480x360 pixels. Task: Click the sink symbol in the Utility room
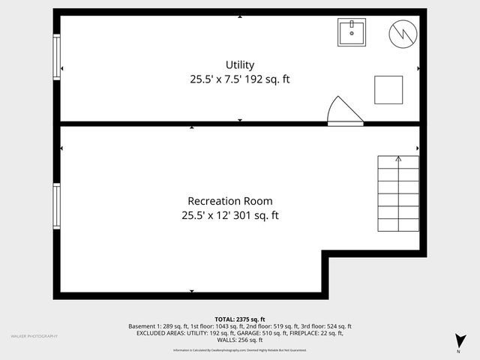pyautogui.click(x=351, y=32)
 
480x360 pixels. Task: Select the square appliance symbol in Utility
pyautogui.click(x=388, y=89)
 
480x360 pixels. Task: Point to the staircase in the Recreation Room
pyautogui.click(x=397, y=196)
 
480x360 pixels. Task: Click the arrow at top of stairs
pyautogui.click(x=397, y=159)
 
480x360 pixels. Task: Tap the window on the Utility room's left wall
pyautogui.click(x=56, y=57)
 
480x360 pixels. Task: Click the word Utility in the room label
pyautogui.click(x=239, y=65)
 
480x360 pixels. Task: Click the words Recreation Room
pyautogui.click(x=229, y=201)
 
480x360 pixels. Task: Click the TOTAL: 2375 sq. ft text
pyautogui.click(x=239, y=319)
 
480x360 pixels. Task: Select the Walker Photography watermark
pyautogui.click(x=34, y=336)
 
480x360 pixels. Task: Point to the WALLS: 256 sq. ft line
pyautogui.click(x=239, y=340)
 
